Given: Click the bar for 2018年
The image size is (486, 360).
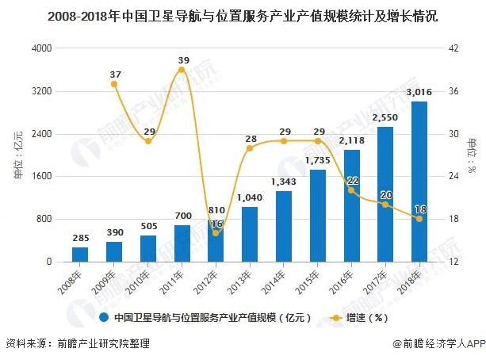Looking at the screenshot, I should pyautogui.click(x=419, y=182).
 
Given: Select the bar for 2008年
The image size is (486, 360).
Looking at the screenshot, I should pyautogui.click(x=80, y=254).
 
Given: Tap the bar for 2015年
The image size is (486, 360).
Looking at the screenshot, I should pyautogui.click(x=318, y=216).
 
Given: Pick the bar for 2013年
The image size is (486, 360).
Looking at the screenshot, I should pyautogui.click(x=250, y=234).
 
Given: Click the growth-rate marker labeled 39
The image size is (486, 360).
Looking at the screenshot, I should pyautogui.click(x=182, y=70).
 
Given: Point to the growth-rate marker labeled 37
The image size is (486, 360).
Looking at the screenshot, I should pyautogui.click(x=114, y=84).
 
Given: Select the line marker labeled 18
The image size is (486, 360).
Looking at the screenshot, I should pyautogui.click(x=419, y=219).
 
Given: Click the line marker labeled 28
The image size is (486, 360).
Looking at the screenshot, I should pyautogui.click(x=250, y=148).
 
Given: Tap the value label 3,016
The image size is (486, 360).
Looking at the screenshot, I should pyautogui.click(x=419, y=93).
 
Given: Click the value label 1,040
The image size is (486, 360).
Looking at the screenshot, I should pyautogui.click(x=250, y=197).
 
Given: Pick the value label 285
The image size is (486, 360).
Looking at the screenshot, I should pyautogui.click(x=80, y=238).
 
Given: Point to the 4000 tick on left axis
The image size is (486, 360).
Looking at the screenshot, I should pyautogui.click(x=40, y=48).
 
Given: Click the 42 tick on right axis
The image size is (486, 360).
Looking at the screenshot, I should pyautogui.click(x=452, y=48).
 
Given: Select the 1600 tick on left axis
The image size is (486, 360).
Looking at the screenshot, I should pyautogui.click(x=40, y=176).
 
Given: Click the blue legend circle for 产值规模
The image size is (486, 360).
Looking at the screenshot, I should pyautogui.click(x=103, y=318).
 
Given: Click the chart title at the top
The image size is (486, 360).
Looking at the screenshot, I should pyautogui.click(x=243, y=16).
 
